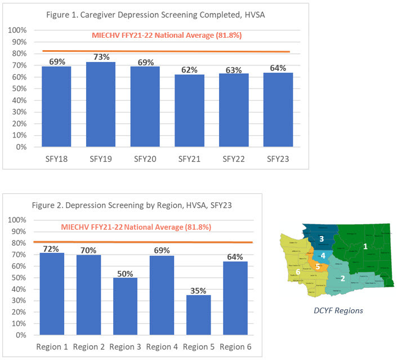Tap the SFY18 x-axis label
point(57,159)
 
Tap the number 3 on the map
point(321,239)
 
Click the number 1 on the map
point(365,246)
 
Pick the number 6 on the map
point(298,272)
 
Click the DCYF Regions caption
point(338,310)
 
